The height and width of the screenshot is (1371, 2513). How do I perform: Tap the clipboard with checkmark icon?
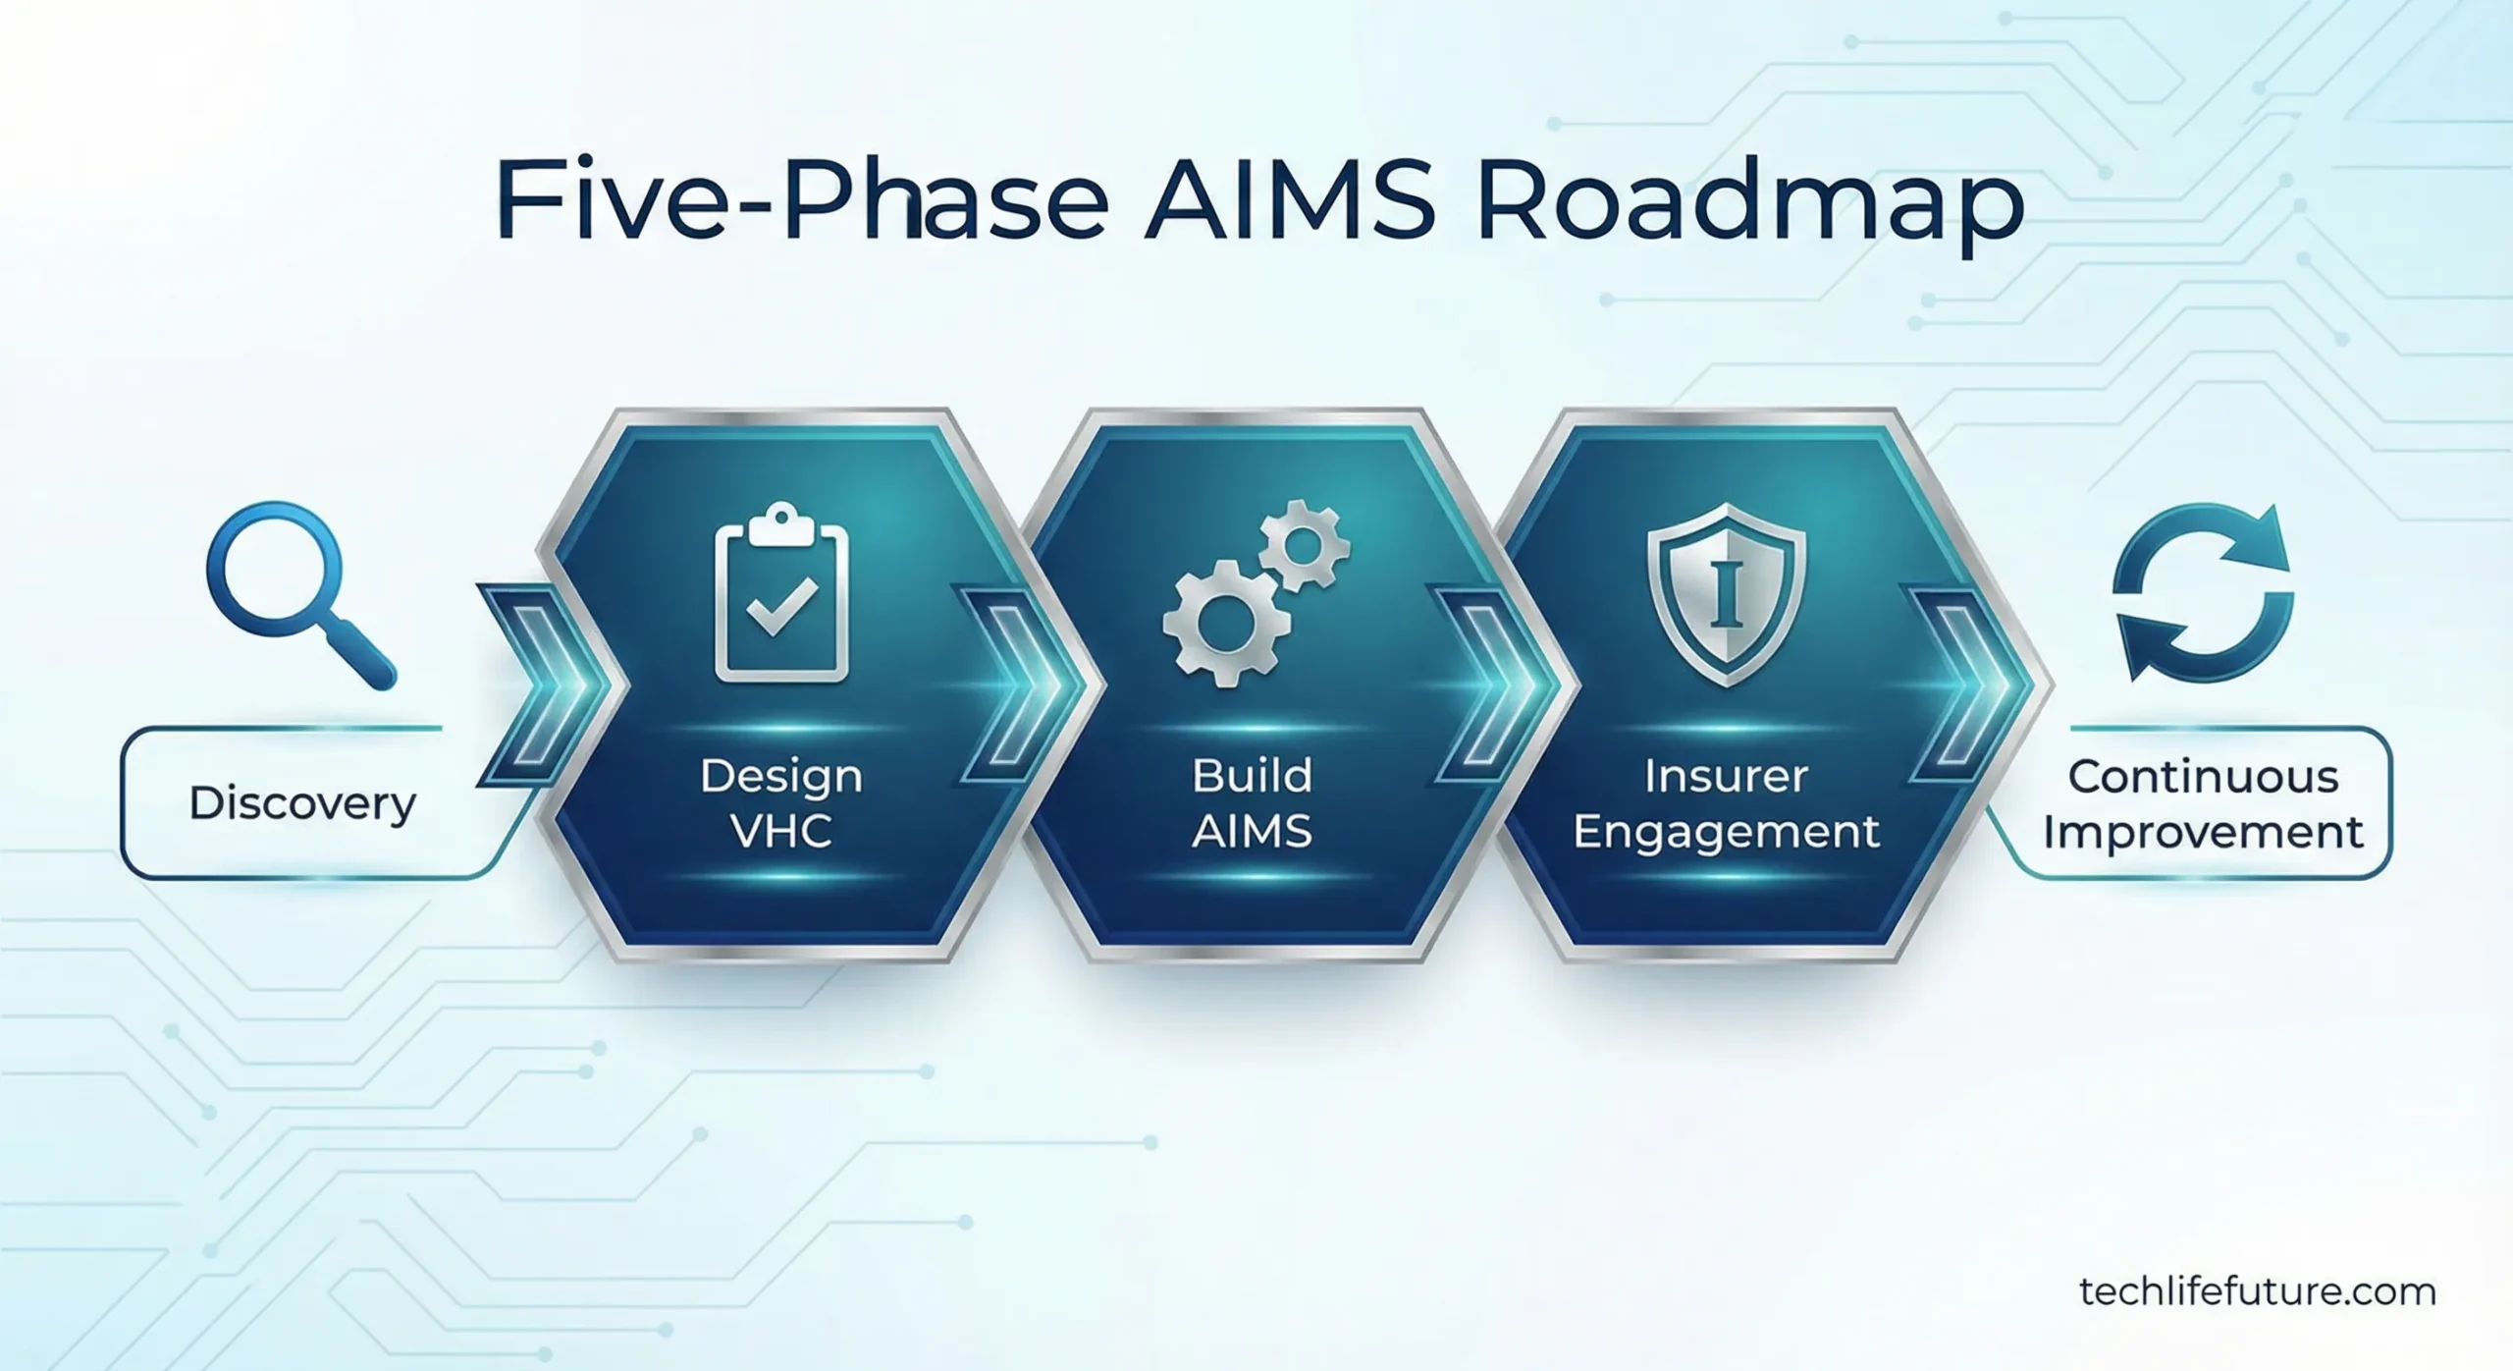click(781, 594)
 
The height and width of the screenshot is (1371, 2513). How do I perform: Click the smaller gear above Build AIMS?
click(1304, 545)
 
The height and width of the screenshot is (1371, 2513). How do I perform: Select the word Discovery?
click(302, 804)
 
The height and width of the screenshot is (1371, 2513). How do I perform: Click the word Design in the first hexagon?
click(781, 777)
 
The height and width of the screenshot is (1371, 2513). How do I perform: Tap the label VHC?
click(781, 832)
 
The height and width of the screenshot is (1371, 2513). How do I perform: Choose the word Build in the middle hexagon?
click(1252, 777)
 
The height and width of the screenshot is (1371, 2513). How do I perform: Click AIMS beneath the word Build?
click(1252, 832)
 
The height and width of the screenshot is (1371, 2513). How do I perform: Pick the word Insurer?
click(1725, 777)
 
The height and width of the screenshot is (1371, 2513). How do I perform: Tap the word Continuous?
click(2203, 777)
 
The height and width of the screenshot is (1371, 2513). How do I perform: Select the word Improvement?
click(2203, 833)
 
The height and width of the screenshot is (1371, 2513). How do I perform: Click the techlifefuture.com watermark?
click(2257, 1291)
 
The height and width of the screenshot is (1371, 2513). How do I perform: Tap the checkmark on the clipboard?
click(781, 606)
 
